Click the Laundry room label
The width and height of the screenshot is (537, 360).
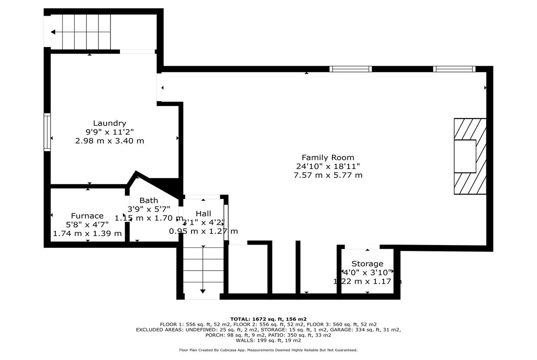click(110, 123)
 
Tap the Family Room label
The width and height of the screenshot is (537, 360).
click(328, 157)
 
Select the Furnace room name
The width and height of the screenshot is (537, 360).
click(87, 216)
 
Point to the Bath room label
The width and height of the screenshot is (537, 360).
click(149, 200)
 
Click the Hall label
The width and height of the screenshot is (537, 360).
click(203, 214)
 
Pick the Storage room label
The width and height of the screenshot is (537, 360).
click(367, 263)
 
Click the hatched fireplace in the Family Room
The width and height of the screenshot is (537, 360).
click(470, 156)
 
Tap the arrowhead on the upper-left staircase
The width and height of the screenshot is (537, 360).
click(53, 32)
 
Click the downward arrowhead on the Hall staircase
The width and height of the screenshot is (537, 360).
click(203, 291)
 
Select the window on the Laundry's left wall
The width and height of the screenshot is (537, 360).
click(47, 132)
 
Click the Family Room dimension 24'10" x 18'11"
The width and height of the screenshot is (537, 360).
click(328, 166)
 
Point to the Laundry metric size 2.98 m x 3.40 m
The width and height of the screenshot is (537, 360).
click(110, 141)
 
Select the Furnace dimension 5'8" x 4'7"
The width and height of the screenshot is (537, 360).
click(87, 224)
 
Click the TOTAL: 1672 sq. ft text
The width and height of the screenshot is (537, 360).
click(268, 319)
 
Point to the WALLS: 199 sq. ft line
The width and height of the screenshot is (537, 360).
click(268, 340)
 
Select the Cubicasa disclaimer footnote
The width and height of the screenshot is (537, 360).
click(268, 350)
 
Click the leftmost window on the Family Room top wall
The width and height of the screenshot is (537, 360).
click(351, 69)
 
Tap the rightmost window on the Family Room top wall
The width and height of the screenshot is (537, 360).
click(454, 69)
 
